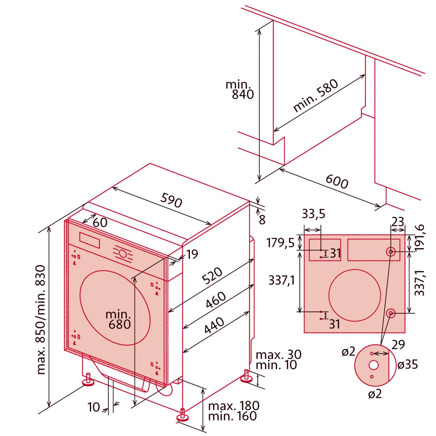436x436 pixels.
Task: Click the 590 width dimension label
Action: [x=172, y=200]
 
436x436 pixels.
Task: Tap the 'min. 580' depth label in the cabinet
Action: [x=315, y=96]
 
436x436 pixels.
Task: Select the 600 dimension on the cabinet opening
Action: [x=337, y=181]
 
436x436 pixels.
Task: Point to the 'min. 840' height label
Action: [x=240, y=89]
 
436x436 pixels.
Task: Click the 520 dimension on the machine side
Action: [x=212, y=276]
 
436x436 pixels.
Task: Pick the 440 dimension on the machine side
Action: [x=214, y=326]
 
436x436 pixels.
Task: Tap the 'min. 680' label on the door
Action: [x=119, y=319]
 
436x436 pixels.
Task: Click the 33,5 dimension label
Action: [x=313, y=214]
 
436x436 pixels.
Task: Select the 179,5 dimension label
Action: [x=280, y=243]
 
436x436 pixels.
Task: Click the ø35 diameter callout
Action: [x=407, y=365]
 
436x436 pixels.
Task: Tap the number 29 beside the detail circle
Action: [x=398, y=345]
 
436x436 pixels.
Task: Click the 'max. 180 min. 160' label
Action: [x=233, y=411]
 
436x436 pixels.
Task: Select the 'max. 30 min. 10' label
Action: [x=278, y=360]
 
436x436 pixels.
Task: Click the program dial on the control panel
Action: [x=123, y=254]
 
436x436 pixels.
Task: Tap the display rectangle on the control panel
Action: [x=90, y=240]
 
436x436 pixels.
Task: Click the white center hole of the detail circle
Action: [x=373, y=365]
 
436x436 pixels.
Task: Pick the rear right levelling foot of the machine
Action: [x=246, y=376]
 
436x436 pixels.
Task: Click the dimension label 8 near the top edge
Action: [x=262, y=220]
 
